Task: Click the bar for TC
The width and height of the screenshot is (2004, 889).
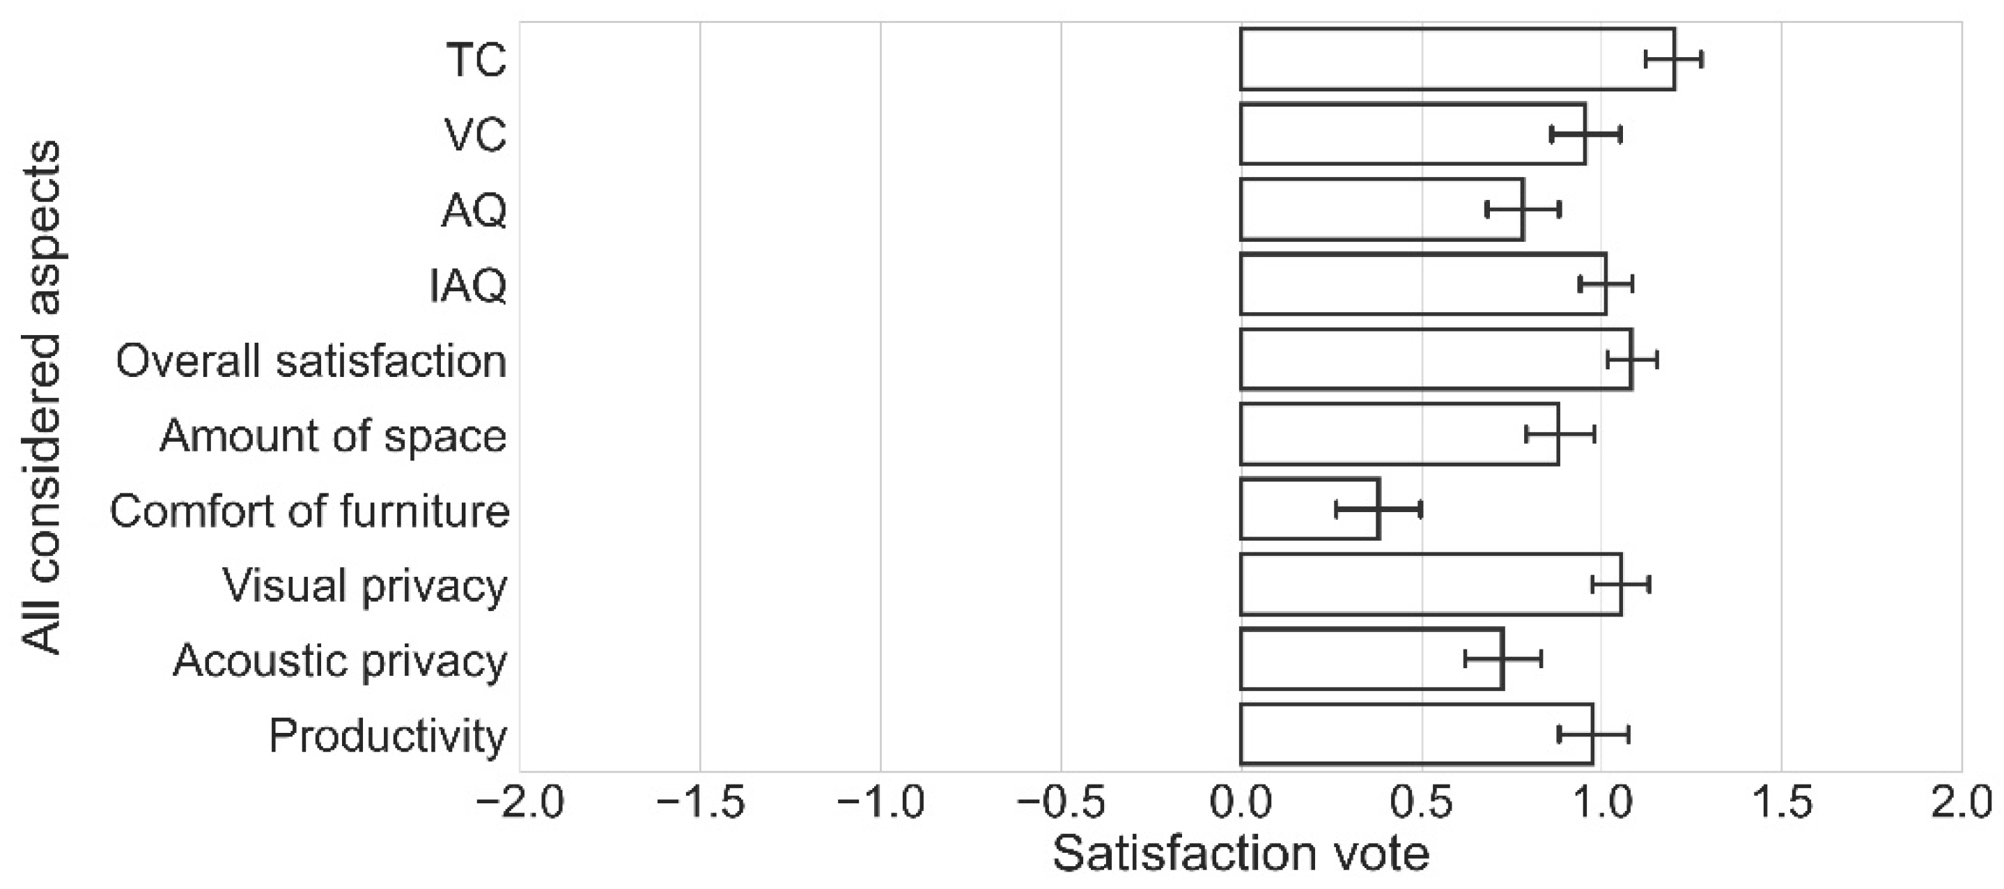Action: pos(1457,59)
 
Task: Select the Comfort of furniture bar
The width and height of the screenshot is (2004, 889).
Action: pos(1310,509)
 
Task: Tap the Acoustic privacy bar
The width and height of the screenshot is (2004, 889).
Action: pos(1372,660)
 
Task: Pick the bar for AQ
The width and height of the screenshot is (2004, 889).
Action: pos(1382,209)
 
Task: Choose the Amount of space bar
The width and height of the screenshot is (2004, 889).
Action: pos(1399,434)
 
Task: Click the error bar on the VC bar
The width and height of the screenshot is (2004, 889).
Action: pos(1585,134)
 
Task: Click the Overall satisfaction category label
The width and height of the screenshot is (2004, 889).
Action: pos(311,361)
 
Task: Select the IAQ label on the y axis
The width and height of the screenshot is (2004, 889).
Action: pos(468,286)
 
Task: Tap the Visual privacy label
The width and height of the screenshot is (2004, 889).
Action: pos(365,586)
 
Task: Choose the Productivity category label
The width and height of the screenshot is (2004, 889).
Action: pos(388,736)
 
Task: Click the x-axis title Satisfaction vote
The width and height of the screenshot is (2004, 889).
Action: pos(1241,854)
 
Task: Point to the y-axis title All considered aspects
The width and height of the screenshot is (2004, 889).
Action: pos(40,396)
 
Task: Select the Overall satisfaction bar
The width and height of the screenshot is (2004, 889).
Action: pos(1436,360)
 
